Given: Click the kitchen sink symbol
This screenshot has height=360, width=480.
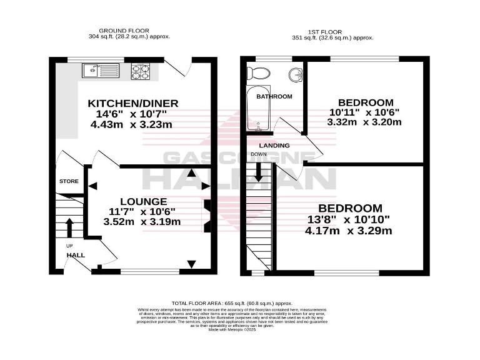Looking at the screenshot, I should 100,70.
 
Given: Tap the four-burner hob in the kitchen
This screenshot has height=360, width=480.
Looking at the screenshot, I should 141,71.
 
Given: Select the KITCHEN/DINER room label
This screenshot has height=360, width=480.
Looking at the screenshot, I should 133,103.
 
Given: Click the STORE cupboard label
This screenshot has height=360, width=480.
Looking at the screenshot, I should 69,181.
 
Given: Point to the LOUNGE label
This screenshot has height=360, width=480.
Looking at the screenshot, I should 143,201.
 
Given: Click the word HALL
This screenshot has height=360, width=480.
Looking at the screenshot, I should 76,255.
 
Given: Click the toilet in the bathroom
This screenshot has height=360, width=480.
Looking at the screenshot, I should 258,73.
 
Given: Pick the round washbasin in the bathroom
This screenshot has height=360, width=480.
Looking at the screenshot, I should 295,76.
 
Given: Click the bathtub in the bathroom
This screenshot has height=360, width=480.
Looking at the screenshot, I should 258,109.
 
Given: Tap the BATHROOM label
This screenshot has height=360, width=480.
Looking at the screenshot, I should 276,96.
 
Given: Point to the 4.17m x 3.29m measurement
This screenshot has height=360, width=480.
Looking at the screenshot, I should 348,231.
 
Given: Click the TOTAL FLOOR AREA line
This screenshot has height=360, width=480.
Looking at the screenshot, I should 240,302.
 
